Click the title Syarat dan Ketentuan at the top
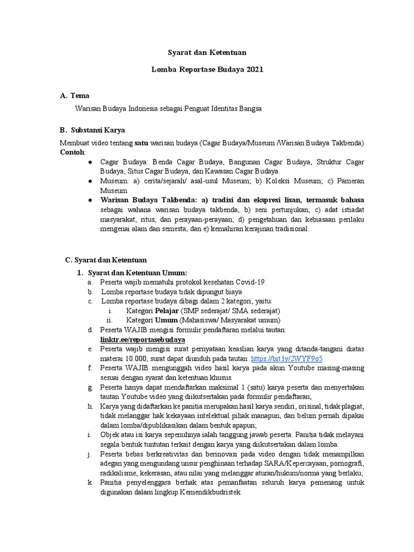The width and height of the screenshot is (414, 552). (x=206, y=52)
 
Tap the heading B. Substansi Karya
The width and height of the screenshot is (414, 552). (x=92, y=130)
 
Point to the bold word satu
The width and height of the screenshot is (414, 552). (x=141, y=143)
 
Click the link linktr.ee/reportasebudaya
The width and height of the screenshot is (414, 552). (x=143, y=340)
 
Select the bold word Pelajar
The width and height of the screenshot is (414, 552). (x=168, y=311)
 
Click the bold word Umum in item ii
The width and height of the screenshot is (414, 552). (x=167, y=320)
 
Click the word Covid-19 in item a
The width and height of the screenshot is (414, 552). (x=249, y=282)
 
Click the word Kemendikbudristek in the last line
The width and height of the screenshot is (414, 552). (x=212, y=493)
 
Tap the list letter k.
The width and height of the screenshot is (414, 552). (x=89, y=484)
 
